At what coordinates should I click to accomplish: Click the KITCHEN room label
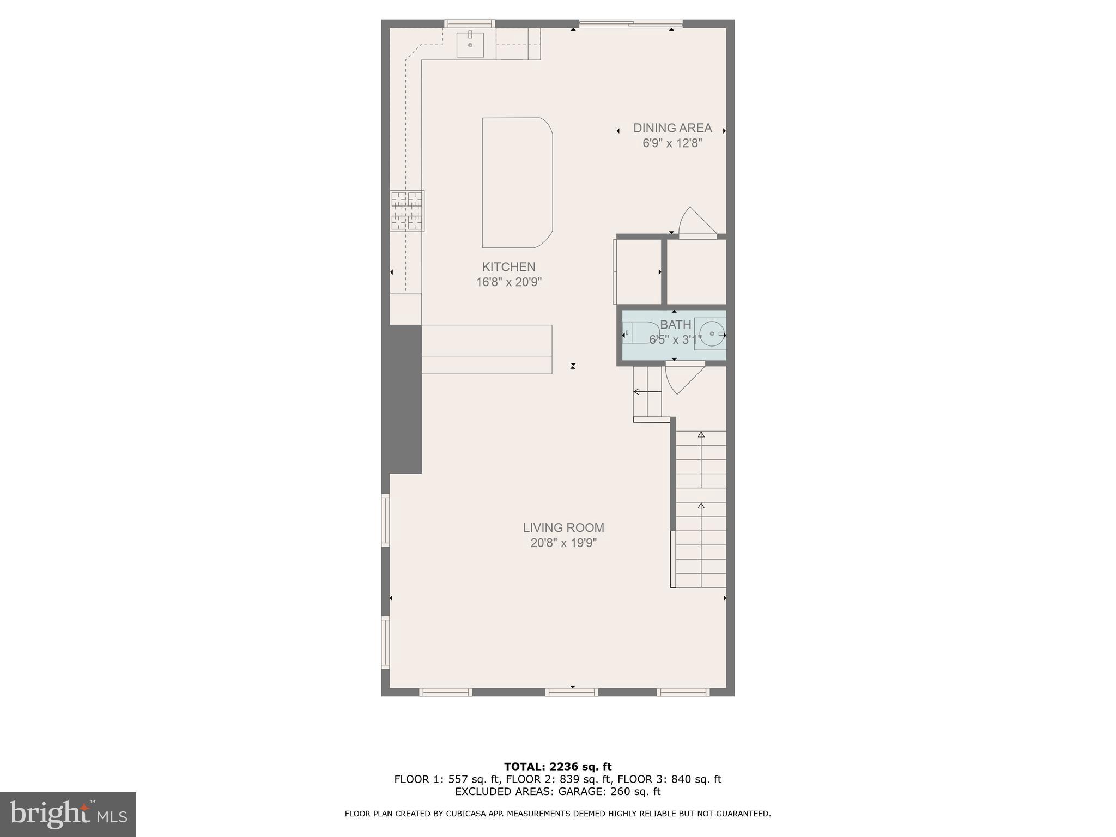[x=508, y=267]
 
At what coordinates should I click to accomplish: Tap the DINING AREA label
[x=672, y=128]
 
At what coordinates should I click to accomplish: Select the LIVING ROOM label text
[x=563, y=527]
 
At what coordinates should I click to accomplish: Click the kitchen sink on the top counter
[x=470, y=44]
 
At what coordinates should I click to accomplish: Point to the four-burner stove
[x=407, y=211]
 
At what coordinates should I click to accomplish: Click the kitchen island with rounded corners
[x=517, y=183]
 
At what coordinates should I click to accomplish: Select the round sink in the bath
[x=711, y=333]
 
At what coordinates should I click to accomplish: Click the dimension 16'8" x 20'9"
[x=508, y=282]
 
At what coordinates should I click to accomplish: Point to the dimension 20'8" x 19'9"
[x=563, y=543]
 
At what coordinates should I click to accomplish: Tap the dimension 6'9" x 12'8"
[x=672, y=143]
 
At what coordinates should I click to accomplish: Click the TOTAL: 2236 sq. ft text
[x=557, y=767]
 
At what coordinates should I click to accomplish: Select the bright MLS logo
[x=68, y=814]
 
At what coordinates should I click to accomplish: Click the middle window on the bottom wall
[x=572, y=692]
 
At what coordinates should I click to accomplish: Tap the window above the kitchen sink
[x=469, y=23]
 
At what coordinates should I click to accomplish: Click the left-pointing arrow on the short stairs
[x=636, y=391]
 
